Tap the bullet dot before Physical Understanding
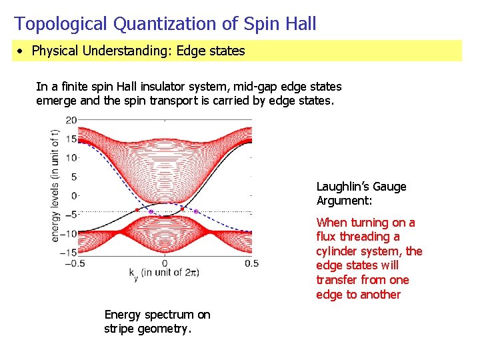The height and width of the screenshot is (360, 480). click(x=22, y=51)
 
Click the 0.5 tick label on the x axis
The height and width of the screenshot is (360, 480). click(x=251, y=263)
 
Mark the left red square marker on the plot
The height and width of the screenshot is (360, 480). click(x=137, y=209)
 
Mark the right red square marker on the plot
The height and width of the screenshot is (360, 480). click(x=182, y=209)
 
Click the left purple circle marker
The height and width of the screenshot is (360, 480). click(x=151, y=211)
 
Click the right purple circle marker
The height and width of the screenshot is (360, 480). click(x=196, y=211)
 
